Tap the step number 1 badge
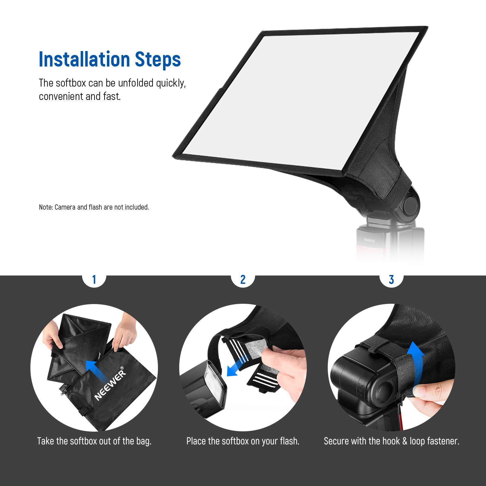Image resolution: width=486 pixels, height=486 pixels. point(94,279)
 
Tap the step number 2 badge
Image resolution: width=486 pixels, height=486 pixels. point(243,279)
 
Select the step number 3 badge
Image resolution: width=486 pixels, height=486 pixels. point(391,279)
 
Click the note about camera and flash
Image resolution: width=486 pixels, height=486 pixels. point(94,207)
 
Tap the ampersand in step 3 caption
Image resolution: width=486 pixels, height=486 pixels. point(405,441)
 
